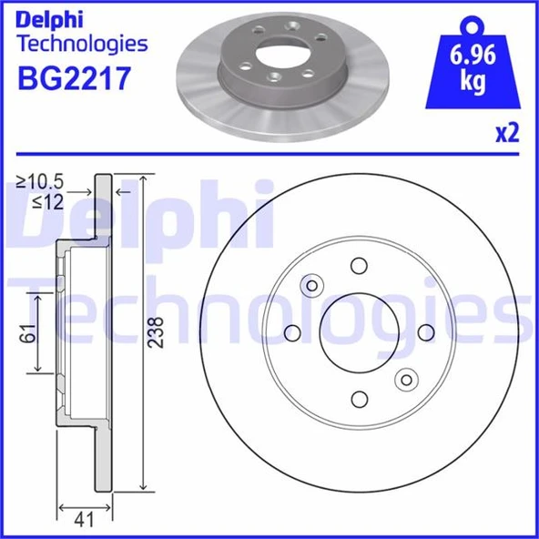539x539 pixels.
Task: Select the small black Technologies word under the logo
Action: point(82,43)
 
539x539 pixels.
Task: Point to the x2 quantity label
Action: point(506,134)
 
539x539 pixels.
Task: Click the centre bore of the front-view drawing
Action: point(359,332)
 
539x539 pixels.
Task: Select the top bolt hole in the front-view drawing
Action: point(359,266)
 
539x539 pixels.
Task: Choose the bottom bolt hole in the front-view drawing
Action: point(359,400)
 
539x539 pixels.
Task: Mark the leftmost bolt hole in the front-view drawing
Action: point(291,332)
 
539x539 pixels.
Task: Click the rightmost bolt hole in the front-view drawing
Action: point(426,332)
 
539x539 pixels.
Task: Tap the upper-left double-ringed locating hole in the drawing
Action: point(311,286)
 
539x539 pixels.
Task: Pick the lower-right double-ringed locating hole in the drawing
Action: point(406,380)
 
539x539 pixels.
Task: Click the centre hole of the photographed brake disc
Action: point(275,54)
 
